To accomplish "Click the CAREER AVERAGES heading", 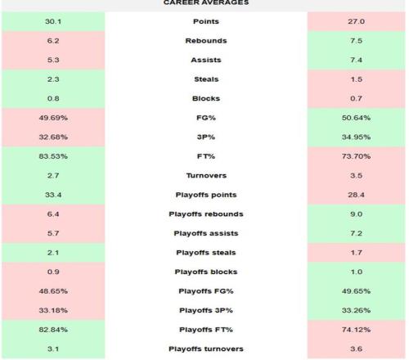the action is tap(206, 2).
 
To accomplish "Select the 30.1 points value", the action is tap(53, 21).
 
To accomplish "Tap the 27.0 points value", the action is tap(356, 21).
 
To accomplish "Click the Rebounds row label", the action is tap(206, 41).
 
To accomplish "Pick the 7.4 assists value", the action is tap(356, 60).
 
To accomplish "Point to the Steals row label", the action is tap(206, 79).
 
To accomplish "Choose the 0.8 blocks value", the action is tap(53, 98).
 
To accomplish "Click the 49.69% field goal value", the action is tap(53, 118).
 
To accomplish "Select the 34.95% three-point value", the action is tap(356, 137).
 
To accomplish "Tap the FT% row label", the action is tap(206, 156).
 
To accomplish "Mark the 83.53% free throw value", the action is tap(53, 156).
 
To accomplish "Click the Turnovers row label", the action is tap(206, 176).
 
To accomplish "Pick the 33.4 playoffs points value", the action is tap(53, 195).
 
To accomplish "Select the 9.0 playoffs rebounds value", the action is tap(356, 214).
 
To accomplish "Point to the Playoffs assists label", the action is tap(206, 233).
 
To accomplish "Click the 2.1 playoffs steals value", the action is tap(53, 253).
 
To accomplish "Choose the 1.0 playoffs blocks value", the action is tap(356, 272).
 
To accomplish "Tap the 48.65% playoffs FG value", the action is tap(53, 291).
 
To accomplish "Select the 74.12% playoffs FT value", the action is tap(356, 330).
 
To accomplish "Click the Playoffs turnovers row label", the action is tap(206, 349).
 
